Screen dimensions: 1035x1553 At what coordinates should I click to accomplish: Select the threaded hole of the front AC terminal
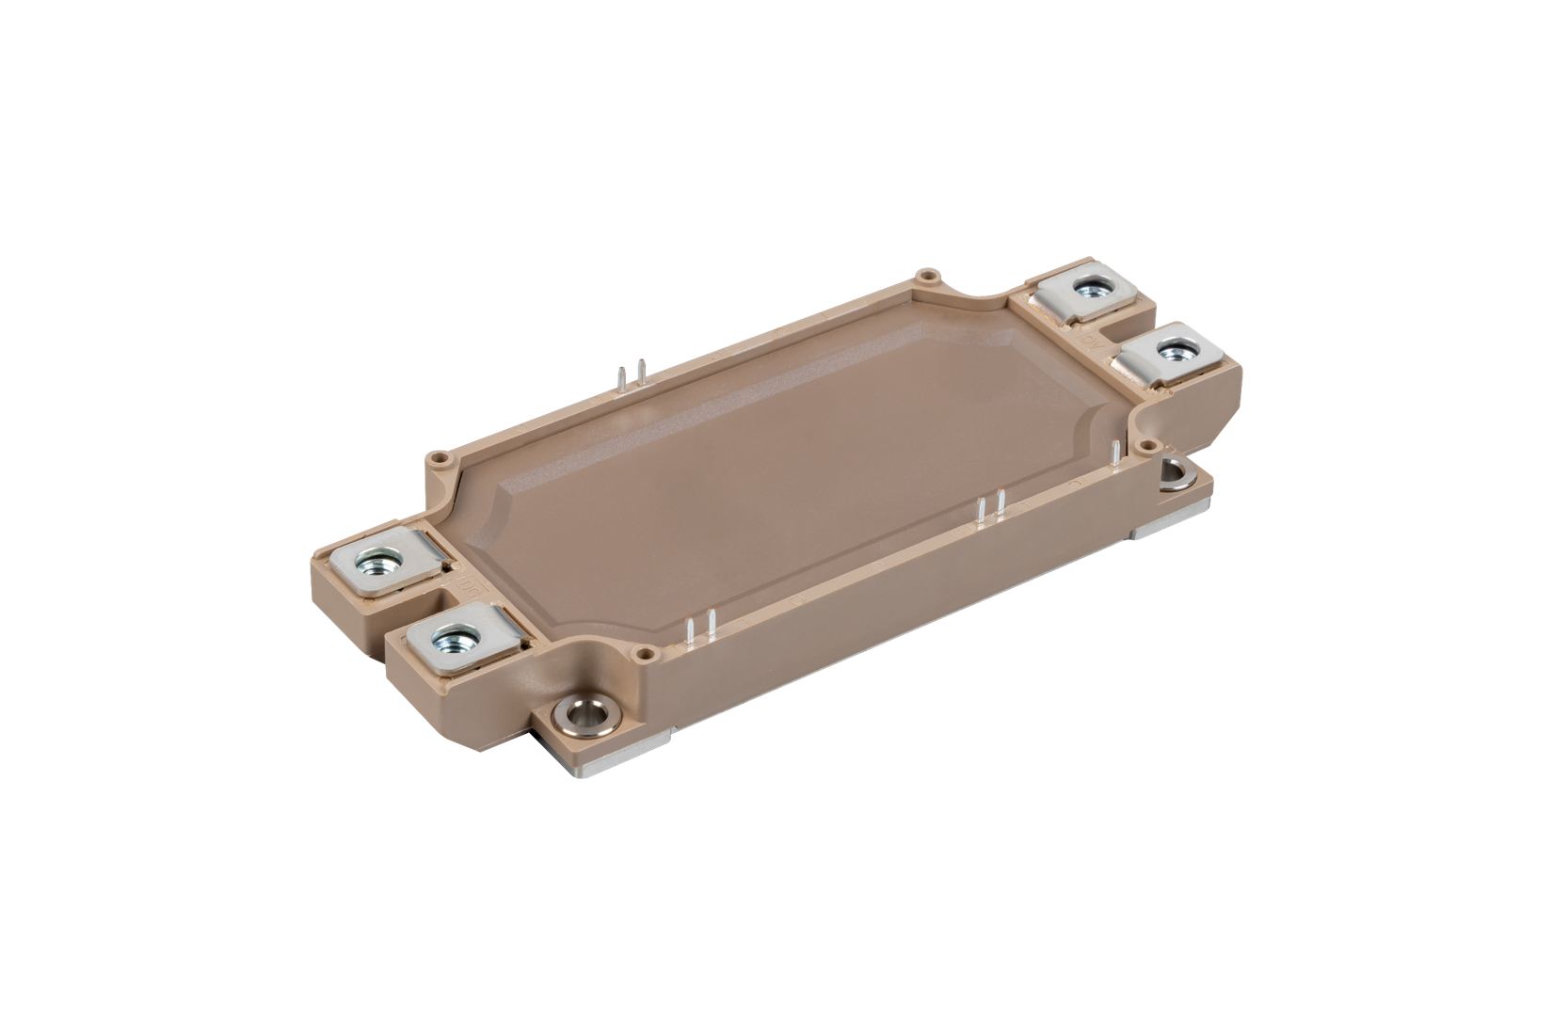1172,352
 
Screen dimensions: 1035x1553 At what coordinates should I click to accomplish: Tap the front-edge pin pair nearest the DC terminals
702,628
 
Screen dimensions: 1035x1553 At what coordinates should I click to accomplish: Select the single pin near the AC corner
1116,453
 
